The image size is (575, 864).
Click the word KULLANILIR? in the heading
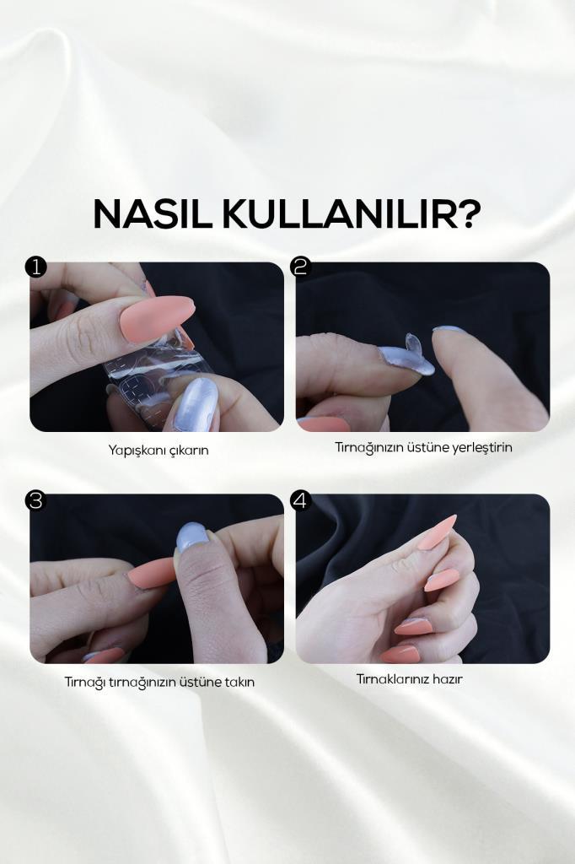(x=352, y=213)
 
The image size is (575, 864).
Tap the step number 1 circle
(x=35, y=267)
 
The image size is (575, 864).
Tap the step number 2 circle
(x=301, y=267)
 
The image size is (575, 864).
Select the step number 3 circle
(x=35, y=500)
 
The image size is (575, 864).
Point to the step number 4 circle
(x=301, y=500)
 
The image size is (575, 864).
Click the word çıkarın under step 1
(x=186, y=451)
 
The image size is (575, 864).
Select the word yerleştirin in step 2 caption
(x=482, y=447)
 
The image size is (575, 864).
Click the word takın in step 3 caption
(x=240, y=682)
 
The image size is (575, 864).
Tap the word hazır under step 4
(x=447, y=679)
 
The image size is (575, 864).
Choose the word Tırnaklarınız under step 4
(x=392, y=679)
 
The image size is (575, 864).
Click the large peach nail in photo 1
(x=157, y=318)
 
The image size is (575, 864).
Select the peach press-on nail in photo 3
(x=151, y=573)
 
